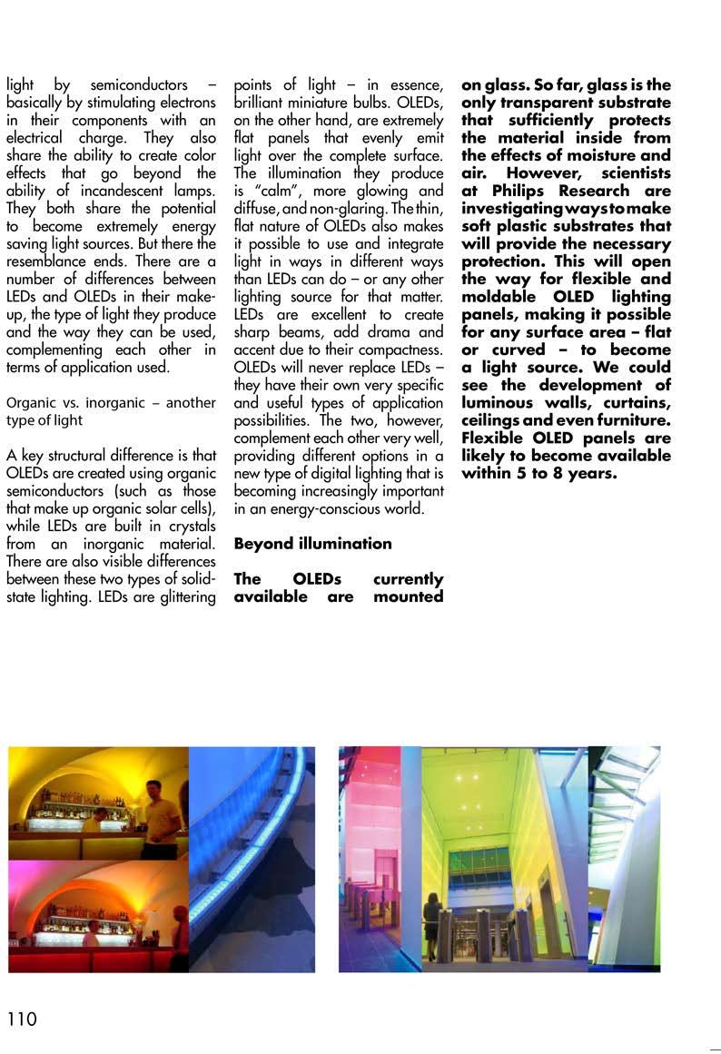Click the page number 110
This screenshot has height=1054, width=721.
tap(22, 1019)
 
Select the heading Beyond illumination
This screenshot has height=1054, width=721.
tap(312, 544)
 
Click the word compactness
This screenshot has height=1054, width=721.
tap(399, 350)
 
